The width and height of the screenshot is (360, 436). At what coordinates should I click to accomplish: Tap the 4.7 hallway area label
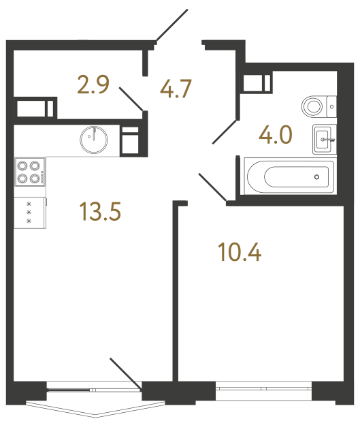point(177,89)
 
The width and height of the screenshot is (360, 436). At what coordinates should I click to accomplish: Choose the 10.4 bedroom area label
point(240,253)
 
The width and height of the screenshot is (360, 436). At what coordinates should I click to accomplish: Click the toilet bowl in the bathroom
point(314,106)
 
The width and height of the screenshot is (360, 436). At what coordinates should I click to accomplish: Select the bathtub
point(289,176)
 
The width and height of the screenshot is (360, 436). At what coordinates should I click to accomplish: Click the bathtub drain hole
point(316,176)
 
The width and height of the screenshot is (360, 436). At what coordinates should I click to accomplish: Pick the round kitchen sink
point(93,140)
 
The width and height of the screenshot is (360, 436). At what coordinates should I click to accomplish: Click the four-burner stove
point(30,172)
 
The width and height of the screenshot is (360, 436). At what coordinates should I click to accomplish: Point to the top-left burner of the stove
point(22,165)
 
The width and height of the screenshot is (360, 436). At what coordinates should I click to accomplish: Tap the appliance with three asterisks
point(29,213)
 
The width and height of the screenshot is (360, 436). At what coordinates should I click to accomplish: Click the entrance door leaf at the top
point(171,25)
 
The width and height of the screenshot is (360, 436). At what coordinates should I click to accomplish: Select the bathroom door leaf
point(225,132)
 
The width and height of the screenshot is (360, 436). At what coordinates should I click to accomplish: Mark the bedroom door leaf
point(213,187)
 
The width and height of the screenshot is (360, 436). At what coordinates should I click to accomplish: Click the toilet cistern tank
point(331,106)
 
